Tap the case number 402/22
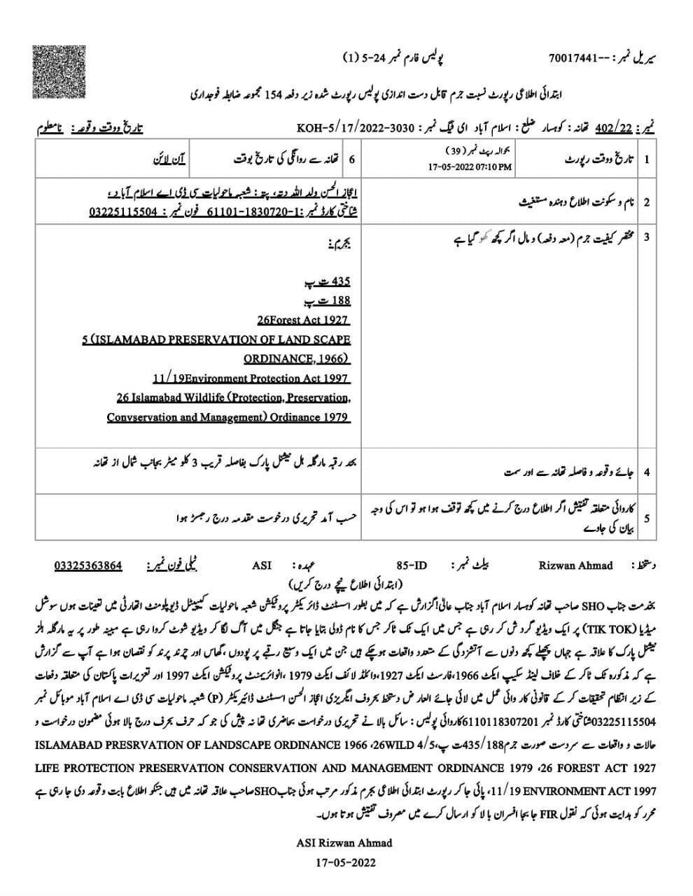point(613,128)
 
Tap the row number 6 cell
point(351,160)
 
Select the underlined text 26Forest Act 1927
point(303,320)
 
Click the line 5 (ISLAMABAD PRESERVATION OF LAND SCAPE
point(216,339)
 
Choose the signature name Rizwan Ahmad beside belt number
point(575,566)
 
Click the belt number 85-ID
point(411,566)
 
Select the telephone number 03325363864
point(88,566)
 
